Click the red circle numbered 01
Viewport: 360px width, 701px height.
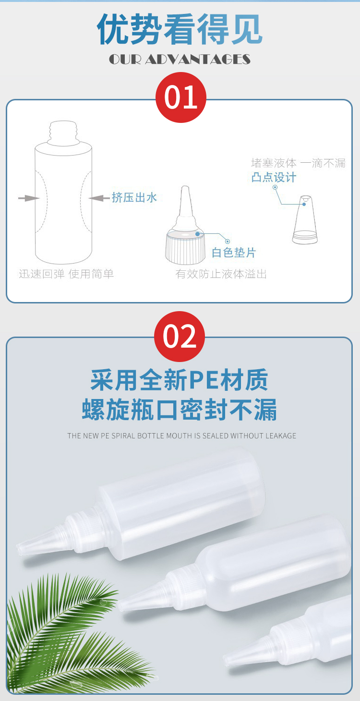point(181,97)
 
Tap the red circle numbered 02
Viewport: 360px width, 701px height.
point(180,337)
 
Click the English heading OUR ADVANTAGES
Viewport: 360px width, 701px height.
point(180,59)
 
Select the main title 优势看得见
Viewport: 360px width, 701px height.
point(180,29)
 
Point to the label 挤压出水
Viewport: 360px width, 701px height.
point(134,197)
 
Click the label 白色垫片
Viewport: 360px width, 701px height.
point(234,252)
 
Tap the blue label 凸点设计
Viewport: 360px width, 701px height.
point(274,177)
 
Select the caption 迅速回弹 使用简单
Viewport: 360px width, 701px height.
point(66,274)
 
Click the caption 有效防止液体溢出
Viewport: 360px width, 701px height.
point(221,274)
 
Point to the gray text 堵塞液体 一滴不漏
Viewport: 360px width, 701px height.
point(298,163)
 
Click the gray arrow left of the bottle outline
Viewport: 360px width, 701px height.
point(29,198)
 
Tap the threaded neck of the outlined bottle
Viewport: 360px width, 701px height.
point(63,133)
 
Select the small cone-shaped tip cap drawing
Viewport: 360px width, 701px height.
point(305,219)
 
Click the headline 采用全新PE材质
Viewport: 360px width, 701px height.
point(179,380)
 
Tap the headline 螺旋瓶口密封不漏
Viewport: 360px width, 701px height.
point(179,410)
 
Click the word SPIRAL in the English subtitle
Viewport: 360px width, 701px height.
point(123,435)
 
